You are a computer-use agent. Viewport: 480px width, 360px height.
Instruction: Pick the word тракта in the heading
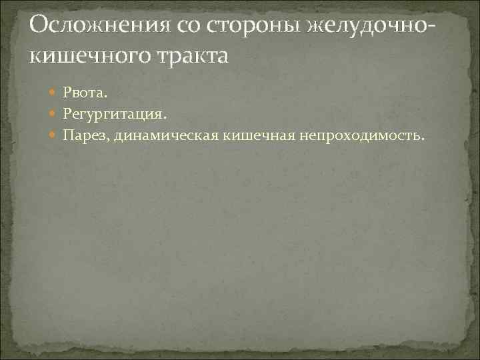tap(194, 55)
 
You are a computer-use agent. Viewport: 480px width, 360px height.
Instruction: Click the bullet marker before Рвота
tap(54, 91)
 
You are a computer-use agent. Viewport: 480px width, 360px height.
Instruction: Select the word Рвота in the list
tap(82, 91)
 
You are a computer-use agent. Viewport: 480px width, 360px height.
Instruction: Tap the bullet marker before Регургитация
tap(54, 113)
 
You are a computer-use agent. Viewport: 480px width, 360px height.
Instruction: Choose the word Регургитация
tap(111, 114)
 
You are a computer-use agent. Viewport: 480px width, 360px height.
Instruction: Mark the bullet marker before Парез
tap(54, 136)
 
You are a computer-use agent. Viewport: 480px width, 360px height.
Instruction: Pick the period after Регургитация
tap(162, 117)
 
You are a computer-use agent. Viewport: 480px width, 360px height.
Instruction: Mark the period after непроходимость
tap(421, 139)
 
